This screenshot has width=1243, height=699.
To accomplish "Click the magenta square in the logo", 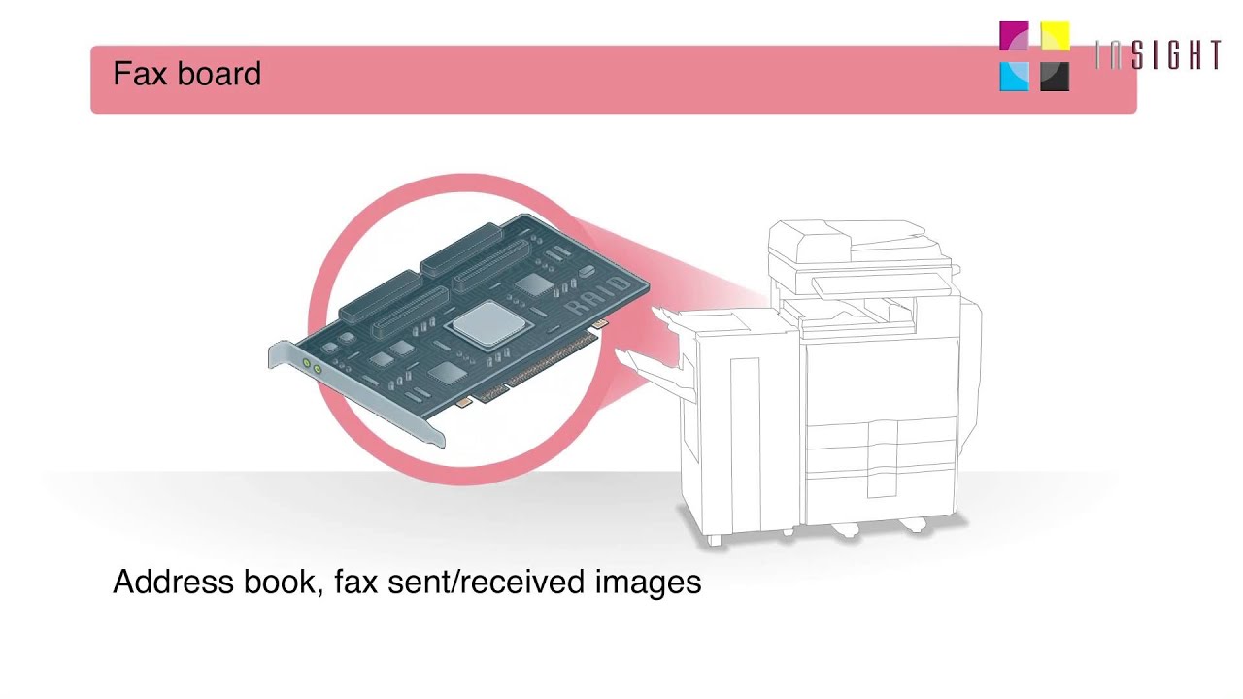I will [1014, 37].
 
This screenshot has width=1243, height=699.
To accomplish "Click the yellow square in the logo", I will [1055, 37].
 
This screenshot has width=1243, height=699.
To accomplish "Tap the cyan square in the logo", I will [1014, 77].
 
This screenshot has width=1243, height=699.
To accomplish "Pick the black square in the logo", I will [1055, 77].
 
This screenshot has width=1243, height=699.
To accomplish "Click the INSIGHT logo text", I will [1158, 55].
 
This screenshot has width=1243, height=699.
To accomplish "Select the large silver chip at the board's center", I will [484, 323].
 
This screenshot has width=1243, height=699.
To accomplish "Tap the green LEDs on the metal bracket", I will [312, 366].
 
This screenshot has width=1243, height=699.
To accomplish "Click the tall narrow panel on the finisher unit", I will [745, 427].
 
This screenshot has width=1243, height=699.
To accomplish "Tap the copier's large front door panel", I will [879, 379].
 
